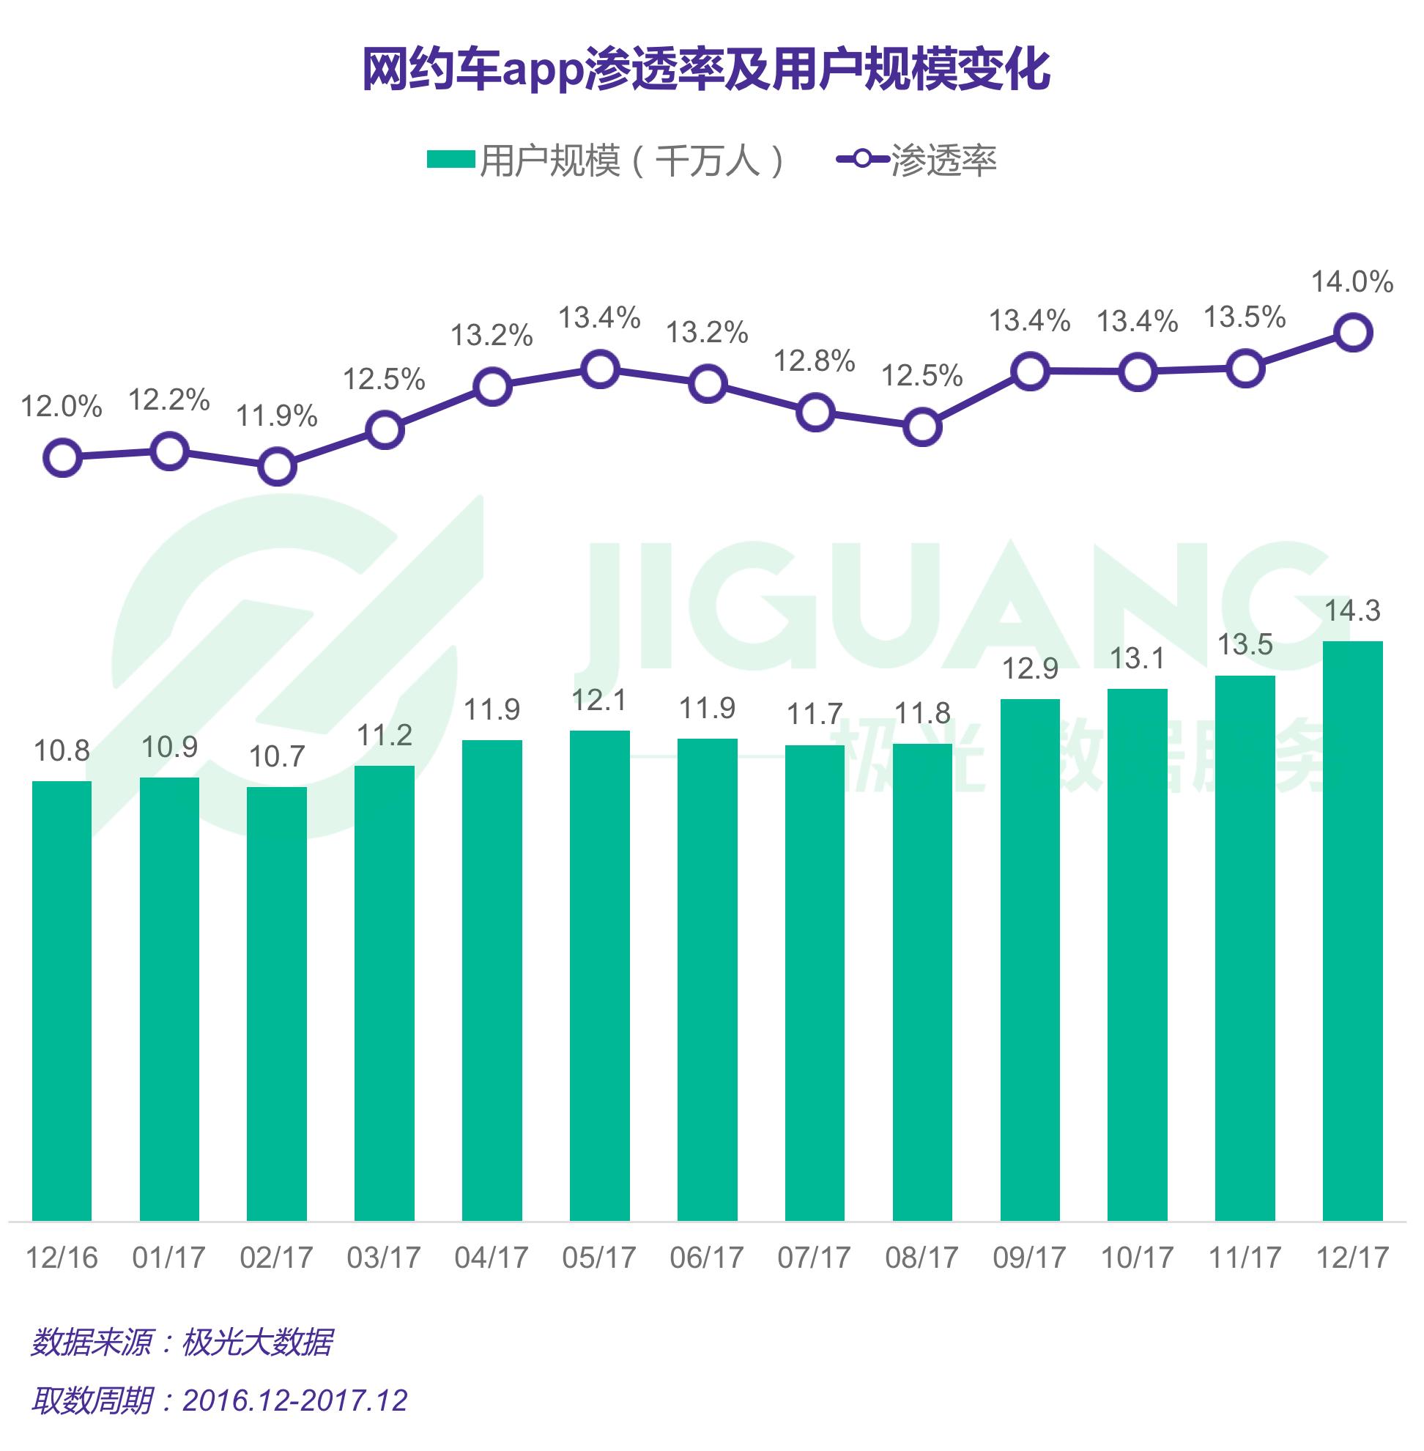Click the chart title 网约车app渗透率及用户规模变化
pos(706,70)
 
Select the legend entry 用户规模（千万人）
pos(606,161)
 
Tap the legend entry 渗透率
pos(917,161)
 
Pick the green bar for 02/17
pos(277,1003)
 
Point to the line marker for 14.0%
pos(1353,332)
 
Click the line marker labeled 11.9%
pos(277,467)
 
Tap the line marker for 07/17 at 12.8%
pos(815,413)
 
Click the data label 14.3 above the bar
pos(1352,610)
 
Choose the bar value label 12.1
pos(599,701)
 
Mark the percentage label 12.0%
pos(62,407)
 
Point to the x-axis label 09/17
pos(1029,1258)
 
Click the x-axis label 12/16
pos(62,1258)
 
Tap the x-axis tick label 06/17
pos(707,1258)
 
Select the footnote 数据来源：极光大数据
pos(182,1343)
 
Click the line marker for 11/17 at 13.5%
pos(1245,369)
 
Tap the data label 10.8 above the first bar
pos(62,750)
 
